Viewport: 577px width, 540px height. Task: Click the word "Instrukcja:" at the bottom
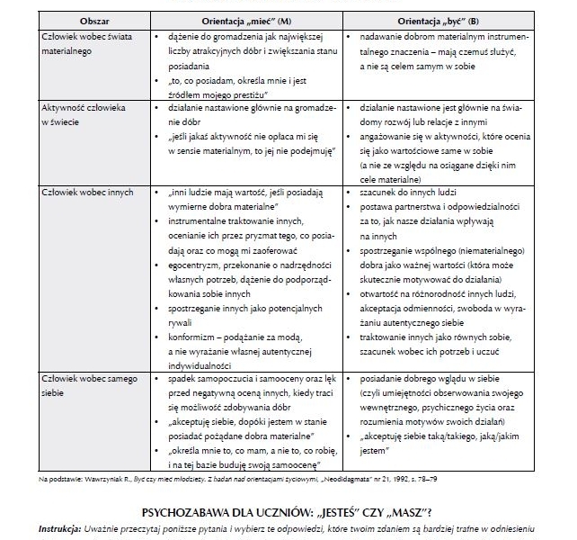point(62,525)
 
